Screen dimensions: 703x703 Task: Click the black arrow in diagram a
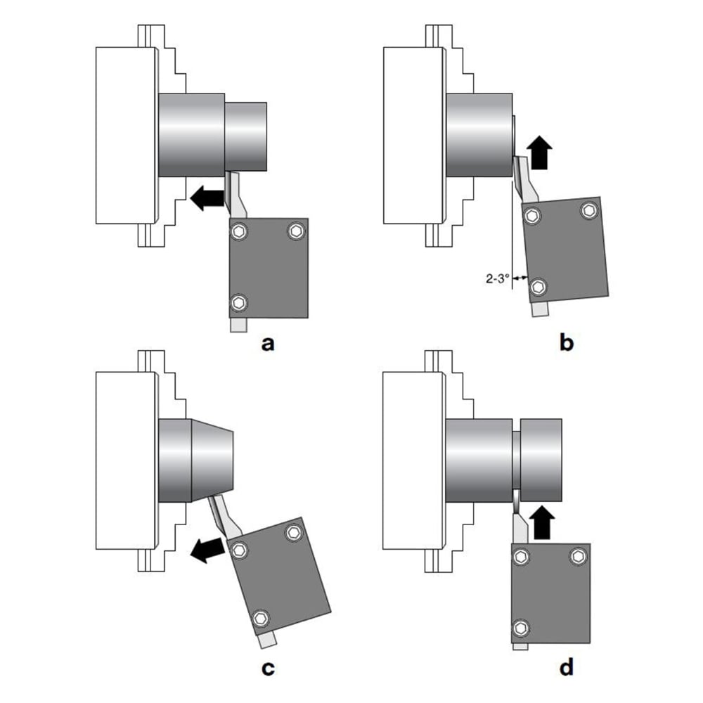click(205, 198)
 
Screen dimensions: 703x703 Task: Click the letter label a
click(267, 343)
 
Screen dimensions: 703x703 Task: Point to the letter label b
click(567, 343)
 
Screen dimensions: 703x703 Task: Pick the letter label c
click(267, 669)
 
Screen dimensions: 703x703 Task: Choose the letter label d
click(567, 669)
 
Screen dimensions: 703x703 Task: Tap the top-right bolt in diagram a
click(296, 231)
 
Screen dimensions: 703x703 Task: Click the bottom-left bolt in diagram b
click(538, 286)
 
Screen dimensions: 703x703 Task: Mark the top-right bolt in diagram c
click(293, 533)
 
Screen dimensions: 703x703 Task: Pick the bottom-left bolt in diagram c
click(262, 618)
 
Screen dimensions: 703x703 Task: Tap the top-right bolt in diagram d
click(578, 557)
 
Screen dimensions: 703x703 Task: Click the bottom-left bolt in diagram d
click(521, 628)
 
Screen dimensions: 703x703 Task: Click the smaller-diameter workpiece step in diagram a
click(246, 136)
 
